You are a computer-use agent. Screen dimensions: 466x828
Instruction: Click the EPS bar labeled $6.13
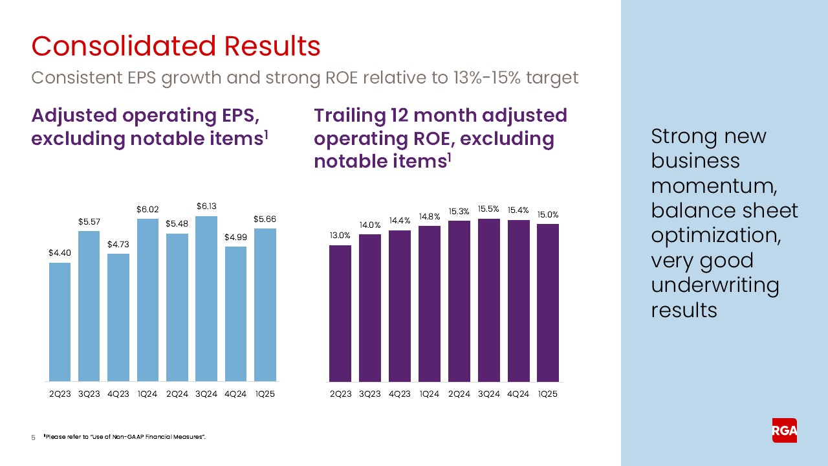[206, 298]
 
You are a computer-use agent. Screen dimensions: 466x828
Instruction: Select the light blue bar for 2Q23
[60, 322]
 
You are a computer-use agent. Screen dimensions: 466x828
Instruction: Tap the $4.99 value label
[236, 238]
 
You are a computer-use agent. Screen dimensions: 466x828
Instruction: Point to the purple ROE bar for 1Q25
[548, 302]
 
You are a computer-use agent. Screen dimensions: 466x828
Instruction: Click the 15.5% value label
[488, 209]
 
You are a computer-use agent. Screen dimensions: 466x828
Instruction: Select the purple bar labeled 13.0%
[340, 313]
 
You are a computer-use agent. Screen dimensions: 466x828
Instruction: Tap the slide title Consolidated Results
[176, 47]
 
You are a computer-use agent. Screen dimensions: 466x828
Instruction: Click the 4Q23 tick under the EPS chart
[118, 394]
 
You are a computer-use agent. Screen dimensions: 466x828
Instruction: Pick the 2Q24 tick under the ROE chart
[459, 394]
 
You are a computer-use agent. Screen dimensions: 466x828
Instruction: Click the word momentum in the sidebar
[714, 186]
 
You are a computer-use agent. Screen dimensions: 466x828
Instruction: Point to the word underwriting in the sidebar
[715, 285]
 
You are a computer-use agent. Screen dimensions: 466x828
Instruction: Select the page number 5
[34, 438]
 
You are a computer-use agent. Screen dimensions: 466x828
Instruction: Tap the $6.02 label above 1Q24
[147, 210]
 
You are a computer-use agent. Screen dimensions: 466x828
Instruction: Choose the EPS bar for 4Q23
[118, 317]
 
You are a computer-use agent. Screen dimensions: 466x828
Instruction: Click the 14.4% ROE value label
[399, 221]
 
